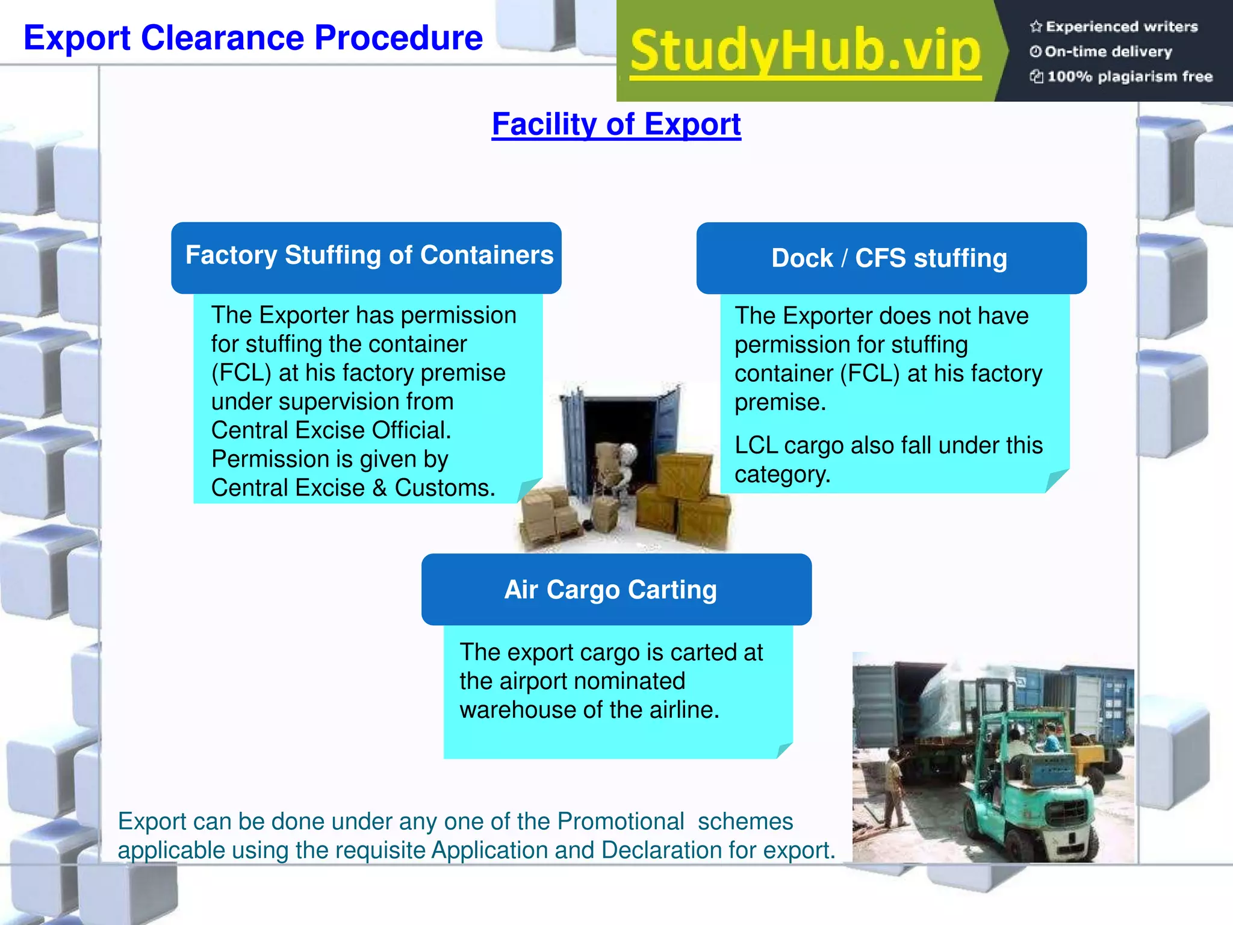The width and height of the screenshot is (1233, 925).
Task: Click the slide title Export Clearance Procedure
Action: [x=253, y=38]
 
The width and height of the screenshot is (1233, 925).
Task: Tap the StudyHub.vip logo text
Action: [x=806, y=51]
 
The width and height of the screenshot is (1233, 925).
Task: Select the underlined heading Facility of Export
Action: [x=616, y=124]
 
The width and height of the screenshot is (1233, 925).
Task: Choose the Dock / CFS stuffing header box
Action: [x=891, y=258]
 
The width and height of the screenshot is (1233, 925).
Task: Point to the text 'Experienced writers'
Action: [x=1121, y=26]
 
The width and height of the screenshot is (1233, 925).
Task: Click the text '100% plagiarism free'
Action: [x=1129, y=76]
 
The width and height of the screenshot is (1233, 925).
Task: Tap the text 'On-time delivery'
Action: [x=1108, y=52]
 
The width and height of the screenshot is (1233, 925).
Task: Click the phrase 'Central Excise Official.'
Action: [x=331, y=431]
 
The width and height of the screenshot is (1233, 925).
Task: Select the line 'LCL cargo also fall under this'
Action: [x=889, y=446]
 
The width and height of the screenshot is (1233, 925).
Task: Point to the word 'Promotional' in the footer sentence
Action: [x=621, y=821]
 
